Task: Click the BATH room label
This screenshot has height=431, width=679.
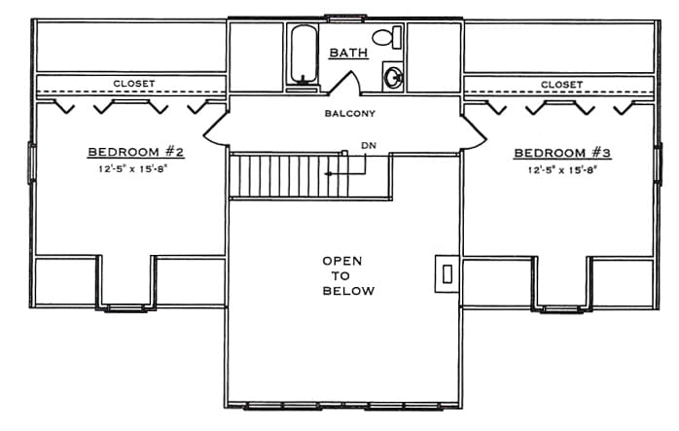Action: pyautogui.click(x=348, y=53)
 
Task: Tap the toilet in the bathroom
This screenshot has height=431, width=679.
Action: pyautogui.click(x=387, y=37)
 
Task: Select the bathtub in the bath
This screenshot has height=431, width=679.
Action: pyautogui.click(x=304, y=54)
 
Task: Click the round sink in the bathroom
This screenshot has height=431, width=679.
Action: pyautogui.click(x=394, y=77)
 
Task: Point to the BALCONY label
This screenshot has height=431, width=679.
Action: pyautogui.click(x=350, y=114)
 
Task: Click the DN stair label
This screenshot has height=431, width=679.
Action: pyautogui.click(x=369, y=146)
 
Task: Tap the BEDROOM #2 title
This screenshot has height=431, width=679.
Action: pyautogui.click(x=136, y=152)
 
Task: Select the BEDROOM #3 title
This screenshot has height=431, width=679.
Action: pyautogui.click(x=562, y=153)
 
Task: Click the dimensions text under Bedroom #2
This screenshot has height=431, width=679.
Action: pyautogui.click(x=132, y=168)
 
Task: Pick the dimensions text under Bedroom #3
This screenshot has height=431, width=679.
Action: pyautogui.click(x=562, y=170)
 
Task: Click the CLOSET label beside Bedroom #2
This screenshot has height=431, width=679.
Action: pyautogui.click(x=134, y=83)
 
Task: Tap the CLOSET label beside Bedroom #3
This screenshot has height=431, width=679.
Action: pyautogui.click(x=561, y=85)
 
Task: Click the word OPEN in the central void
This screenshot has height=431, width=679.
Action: pyautogui.click(x=342, y=261)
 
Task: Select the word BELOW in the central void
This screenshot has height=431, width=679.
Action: pyautogui.click(x=348, y=290)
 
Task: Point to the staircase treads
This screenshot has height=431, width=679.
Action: pyautogui.click(x=289, y=176)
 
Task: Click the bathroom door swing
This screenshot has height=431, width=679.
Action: pyautogui.click(x=345, y=83)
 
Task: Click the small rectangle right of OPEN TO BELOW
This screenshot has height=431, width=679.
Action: pyautogui.click(x=447, y=273)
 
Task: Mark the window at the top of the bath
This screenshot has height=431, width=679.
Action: pyautogui.click(x=345, y=18)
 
